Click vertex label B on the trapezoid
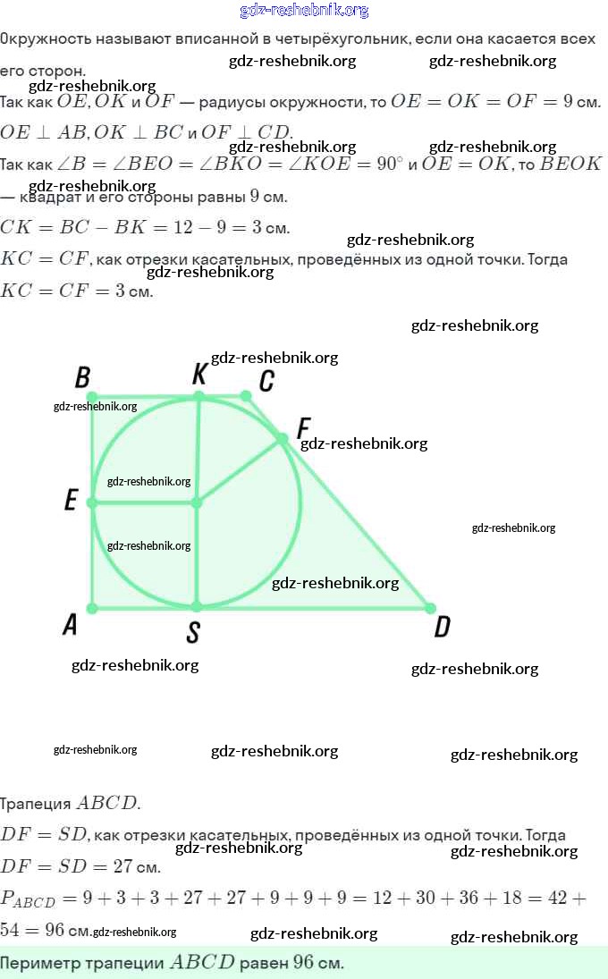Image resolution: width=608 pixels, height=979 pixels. point(82,378)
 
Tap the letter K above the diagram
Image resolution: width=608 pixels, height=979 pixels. point(199,375)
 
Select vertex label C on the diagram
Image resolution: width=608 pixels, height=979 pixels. point(266,382)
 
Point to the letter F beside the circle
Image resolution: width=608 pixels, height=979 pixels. point(303,426)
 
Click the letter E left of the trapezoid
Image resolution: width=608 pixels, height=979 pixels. point(72,502)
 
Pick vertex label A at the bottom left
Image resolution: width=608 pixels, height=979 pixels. point(70,625)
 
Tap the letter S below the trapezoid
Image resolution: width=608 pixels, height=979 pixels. point(192,633)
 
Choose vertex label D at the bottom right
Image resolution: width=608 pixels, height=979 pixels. point(442,629)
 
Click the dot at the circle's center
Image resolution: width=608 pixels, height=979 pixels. point(197,503)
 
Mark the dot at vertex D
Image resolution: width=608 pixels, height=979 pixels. point(430,608)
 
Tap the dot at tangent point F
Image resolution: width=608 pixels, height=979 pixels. point(282,439)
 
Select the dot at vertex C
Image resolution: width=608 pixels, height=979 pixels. point(246,395)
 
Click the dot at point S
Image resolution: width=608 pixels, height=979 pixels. point(197,607)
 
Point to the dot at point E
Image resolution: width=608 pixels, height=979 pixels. point(91,503)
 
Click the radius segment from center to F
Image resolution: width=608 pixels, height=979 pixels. point(240,471)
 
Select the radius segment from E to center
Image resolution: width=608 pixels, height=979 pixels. point(143,503)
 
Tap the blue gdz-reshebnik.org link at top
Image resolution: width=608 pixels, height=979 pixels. point(304,11)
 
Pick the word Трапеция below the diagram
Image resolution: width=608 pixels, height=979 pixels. point(35,803)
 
